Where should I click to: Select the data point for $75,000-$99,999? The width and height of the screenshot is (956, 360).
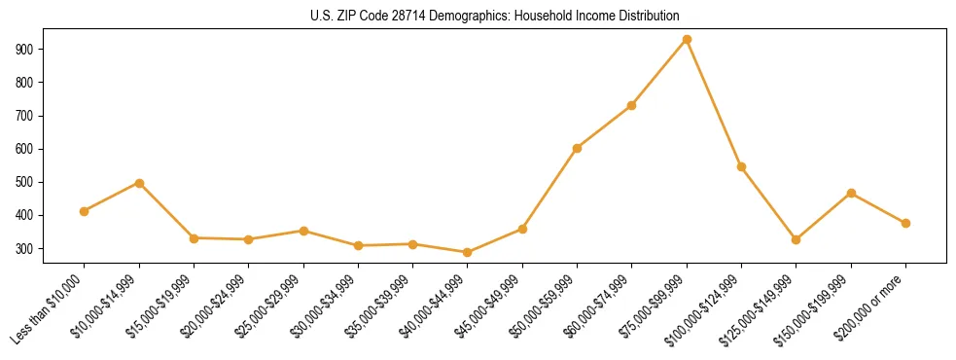point(687,40)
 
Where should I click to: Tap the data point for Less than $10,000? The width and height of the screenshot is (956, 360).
point(85,211)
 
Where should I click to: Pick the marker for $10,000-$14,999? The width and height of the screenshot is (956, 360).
point(139,183)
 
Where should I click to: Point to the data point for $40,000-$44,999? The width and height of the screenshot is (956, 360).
point(468,253)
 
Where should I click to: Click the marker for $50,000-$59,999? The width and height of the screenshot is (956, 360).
point(578,148)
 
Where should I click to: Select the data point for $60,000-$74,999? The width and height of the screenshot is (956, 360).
point(632,105)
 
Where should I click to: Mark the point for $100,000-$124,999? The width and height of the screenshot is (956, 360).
point(742,166)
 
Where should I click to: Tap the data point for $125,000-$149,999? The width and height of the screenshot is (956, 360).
point(797,239)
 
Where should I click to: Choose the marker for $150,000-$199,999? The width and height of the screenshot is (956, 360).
point(851,193)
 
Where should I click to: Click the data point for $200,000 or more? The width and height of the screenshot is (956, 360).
point(905,223)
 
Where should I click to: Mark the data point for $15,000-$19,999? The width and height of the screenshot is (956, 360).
point(194,238)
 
